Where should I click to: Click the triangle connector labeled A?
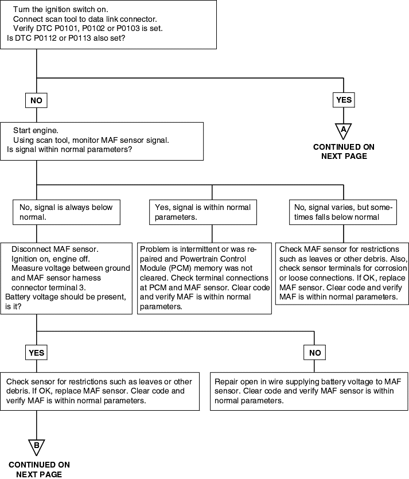tap(344, 131)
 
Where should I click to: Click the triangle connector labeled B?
tap(36, 447)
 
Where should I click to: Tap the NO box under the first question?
tap(36, 100)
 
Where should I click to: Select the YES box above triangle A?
tap(344, 100)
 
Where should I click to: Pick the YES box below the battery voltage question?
tap(36, 353)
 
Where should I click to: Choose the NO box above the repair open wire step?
tap(315, 353)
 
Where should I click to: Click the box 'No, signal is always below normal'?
tap(67, 212)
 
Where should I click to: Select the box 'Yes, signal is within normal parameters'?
tap(203, 212)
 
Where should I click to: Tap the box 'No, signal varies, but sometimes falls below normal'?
tap(343, 212)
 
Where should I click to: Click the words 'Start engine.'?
tap(36, 131)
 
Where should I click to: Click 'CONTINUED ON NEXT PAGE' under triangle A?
tap(344, 151)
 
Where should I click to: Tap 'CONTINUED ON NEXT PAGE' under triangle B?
tap(39, 469)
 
